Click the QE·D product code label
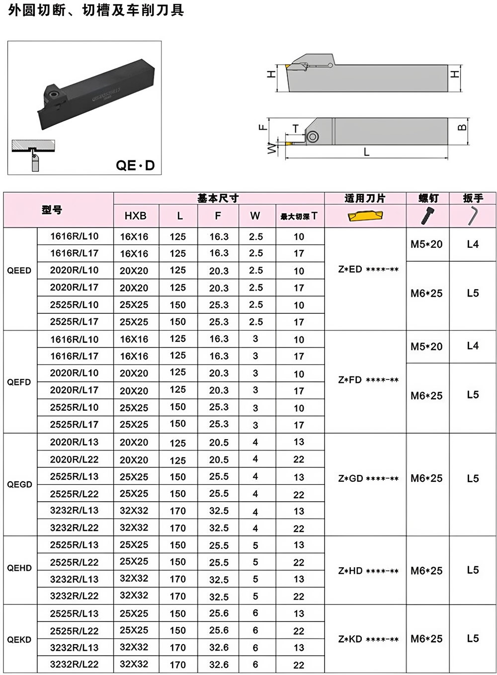[135, 165]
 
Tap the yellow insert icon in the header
[365, 216]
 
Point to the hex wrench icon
[473, 216]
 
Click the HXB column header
[135, 216]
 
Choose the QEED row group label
[19, 271]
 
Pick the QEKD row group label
[19, 639]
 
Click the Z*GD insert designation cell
[368, 478]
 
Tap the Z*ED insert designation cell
[368, 269]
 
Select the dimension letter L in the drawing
[366, 151]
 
